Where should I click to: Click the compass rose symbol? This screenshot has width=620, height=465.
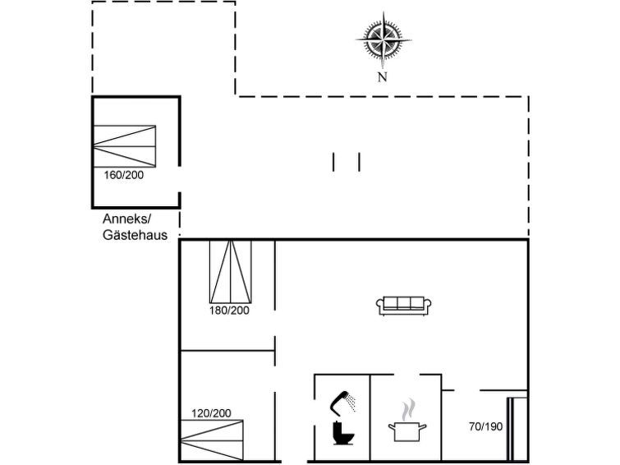pos(383,40)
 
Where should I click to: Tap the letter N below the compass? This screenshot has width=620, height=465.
pos(382,77)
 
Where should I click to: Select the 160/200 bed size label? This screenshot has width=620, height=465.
pos(124,175)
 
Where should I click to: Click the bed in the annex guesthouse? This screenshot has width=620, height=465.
pos(125,146)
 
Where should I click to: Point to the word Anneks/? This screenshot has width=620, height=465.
pos(127,219)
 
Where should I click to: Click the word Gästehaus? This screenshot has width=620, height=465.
pos(135,235)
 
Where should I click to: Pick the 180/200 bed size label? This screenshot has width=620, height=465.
pos(229,311)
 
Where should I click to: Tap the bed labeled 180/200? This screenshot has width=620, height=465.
pos(231,271)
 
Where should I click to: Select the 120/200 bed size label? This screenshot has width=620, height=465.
pos(211,413)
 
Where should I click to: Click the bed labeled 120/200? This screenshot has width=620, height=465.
pos(212,440)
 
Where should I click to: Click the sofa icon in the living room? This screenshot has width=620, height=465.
pos(403,306)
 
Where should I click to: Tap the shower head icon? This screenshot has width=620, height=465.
pos(342,402)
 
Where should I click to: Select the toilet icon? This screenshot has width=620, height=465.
pos(342,433)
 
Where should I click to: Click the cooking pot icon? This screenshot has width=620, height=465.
pos(406,431)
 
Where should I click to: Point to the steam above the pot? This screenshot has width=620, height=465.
pos(408,410)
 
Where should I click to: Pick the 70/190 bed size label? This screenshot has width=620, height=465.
pos(485,426)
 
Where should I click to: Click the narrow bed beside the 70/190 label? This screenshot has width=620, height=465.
pos(517,429)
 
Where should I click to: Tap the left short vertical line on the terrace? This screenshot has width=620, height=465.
pos(333,162)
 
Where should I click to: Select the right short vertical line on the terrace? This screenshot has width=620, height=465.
pos(359,162)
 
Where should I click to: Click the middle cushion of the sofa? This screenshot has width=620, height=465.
pos(404,303)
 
